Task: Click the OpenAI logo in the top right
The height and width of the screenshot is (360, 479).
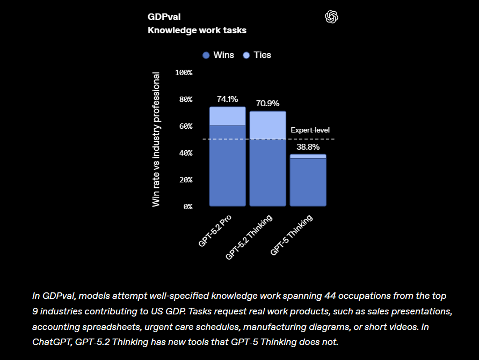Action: [332, 17]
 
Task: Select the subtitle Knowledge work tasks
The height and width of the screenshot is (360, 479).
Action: [197, 31]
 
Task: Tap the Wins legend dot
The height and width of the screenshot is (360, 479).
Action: [206, 55]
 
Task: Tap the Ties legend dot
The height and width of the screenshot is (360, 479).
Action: [246, 55]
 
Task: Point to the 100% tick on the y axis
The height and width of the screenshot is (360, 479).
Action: [184, 72]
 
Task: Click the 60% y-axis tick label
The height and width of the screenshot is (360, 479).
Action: [186, 126]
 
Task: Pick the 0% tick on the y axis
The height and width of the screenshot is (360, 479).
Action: [188, 207]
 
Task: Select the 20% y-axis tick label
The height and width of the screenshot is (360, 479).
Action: [186, 180]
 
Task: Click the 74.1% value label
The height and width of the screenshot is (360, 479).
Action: [227, 99]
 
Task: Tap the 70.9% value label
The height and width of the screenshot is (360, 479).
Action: [267, 104]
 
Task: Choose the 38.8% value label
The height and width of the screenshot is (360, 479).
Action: [308, 146]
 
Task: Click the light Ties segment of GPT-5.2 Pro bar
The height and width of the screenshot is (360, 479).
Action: [227, 116]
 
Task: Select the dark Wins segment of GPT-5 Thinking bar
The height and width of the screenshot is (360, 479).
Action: [308, 182]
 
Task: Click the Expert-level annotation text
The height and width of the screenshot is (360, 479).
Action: [310, 130]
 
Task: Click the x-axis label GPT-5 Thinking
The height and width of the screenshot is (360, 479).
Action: [292, 234]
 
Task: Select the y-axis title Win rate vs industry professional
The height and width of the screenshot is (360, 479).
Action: [156, 139]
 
